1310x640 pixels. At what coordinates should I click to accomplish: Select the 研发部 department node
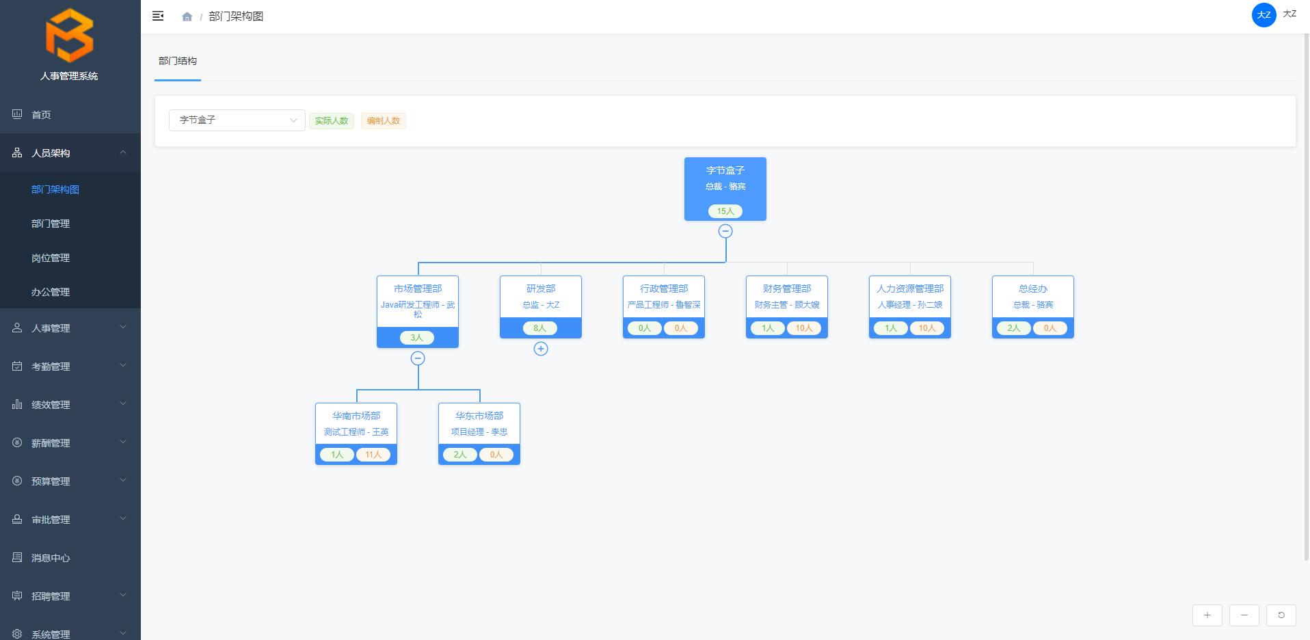coord(540,297)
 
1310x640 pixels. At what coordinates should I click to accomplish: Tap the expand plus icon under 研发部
coord(541,349)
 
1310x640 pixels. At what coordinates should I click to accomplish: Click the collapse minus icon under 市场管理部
coord(418,358)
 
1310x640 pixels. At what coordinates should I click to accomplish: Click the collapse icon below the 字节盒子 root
coord(725,231)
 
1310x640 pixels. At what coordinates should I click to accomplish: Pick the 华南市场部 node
coord(356,424)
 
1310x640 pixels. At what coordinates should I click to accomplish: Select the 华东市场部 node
coord(479,424)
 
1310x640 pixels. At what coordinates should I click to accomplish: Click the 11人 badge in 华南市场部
coord(373,455)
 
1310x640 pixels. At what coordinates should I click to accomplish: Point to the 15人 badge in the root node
coord(725,211)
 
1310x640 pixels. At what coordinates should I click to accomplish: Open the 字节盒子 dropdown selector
coord(237,120)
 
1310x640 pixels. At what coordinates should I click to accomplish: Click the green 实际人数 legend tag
coord(332,121)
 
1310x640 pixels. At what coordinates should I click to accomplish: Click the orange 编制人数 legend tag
coord(384,121)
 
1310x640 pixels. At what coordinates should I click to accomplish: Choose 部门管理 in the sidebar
coord(51,224)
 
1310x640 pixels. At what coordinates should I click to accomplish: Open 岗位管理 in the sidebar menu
coord(51,258)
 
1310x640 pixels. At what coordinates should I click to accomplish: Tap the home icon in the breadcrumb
coord(187,16)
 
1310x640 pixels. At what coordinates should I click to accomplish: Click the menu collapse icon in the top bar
coord(158,16)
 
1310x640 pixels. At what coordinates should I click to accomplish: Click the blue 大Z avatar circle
coord(1264,15)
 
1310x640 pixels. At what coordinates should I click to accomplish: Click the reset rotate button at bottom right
coord(1281,615)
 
